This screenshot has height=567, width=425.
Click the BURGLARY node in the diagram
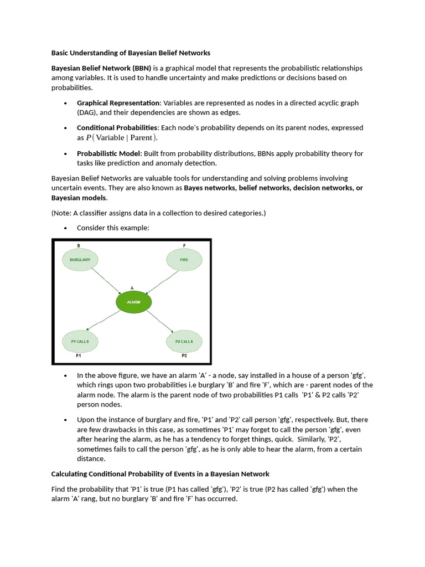[x=80, y=259]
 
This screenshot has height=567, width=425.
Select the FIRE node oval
[x=184, y=259]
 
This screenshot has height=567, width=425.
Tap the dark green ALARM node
[x=133, y=302]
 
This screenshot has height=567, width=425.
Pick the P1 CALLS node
[x=80, y=341]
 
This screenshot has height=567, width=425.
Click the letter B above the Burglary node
[x=79, y=245]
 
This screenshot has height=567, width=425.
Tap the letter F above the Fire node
[x=184, y=245]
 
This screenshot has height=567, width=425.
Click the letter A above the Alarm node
[x=132, y=288]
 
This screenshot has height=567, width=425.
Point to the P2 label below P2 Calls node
[x=184, y=355]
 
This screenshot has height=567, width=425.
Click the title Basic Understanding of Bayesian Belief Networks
[x=131, y=53]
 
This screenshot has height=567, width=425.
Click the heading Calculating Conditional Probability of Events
[x=160, y=474]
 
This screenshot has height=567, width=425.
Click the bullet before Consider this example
[x=65, y=228]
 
